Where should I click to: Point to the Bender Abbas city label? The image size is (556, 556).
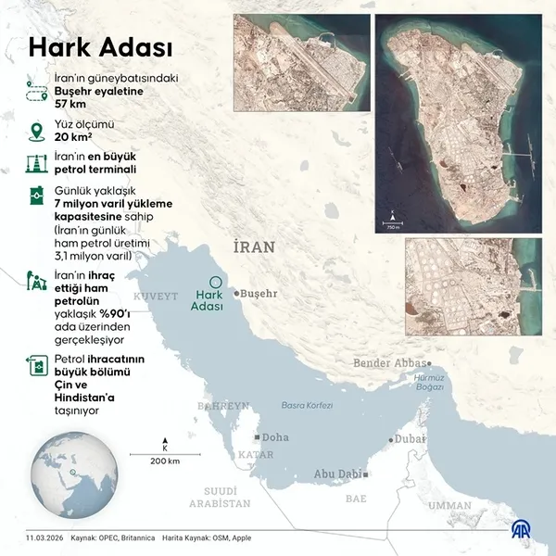pyautogui.click(x=390, y=363)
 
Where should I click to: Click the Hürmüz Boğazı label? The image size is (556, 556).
pyautogui.click(x=430, y=383)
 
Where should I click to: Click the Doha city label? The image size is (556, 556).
pyautogui.click(x=275, y=436)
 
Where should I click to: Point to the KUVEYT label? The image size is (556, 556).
pyautogui.click(x=155, y=296)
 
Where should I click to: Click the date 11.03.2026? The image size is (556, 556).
pyautogui.click(x=44, y=537)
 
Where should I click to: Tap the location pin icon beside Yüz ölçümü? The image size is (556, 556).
pyautogui.click(x=37, y=129)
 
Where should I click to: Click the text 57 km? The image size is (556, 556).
pyautogui.click(x=74, y=105)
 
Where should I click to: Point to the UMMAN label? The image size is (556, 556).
pyautogui.click(x=449, y=505)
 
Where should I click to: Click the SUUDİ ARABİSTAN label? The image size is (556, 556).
pyautogui.click(x=220, y=497)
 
